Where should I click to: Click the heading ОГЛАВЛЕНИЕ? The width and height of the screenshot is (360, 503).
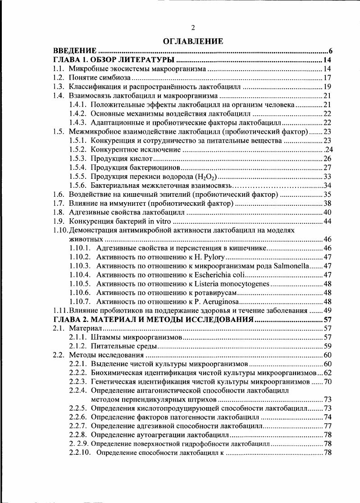(x=193, y=41)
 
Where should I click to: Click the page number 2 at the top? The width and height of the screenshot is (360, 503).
(x=193, y=28)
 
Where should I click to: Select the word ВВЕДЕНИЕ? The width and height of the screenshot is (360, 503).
(x=75, y=50)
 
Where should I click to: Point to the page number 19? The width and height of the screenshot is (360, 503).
(x=328, y=86)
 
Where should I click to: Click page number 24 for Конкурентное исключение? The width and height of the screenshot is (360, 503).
(x=328, y=149)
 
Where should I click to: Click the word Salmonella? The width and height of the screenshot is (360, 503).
(x=288, y=266)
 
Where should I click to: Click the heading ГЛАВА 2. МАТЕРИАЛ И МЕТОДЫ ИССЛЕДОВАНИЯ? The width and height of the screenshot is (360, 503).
(x=153, y=319)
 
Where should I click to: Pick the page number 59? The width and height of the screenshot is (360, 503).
(x=328, y=346)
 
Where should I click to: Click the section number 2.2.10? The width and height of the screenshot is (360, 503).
(x=81, y=453)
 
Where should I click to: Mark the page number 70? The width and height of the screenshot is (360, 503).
(x=328, y=381)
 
